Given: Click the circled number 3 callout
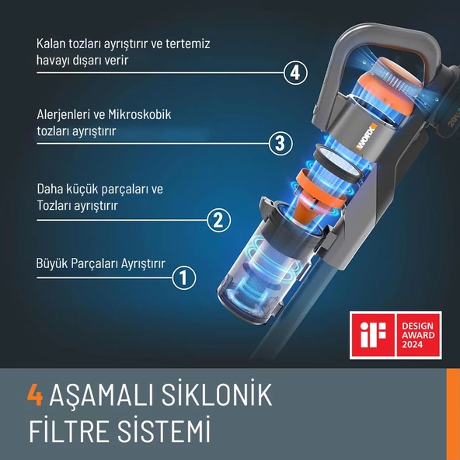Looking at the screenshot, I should [x=281, y=143].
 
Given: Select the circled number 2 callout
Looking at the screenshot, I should [x=219, y=220].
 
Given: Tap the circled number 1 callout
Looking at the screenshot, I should [x=183, y=277].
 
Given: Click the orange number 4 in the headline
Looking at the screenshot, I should [x=34, y=396].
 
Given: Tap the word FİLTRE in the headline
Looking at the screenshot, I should [x=66, y=430].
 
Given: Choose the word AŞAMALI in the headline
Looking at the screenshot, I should [x=101, y=396].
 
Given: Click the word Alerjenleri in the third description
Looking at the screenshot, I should [x=64, y=115].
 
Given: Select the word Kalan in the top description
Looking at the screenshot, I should [x=51, y=44].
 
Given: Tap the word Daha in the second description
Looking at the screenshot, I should [x=51, y=189].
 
